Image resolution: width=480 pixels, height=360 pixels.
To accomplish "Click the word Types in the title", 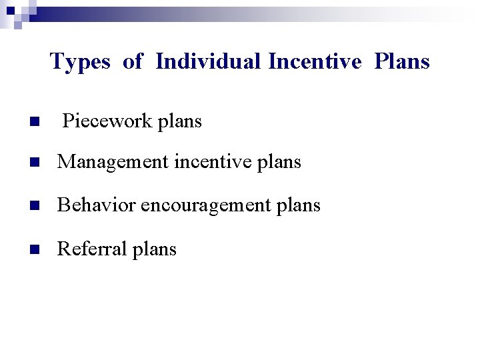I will [x=80, y=62].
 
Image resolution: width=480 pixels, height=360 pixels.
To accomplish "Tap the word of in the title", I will [x=133, y=61].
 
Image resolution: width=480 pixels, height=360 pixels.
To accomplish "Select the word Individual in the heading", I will [x=208, y=61].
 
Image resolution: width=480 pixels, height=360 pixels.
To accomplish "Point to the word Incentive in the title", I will [x=315, y=61].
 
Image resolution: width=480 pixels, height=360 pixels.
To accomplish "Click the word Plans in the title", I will [x=402, y=61].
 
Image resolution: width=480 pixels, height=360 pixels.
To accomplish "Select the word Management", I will [x=111, y=162].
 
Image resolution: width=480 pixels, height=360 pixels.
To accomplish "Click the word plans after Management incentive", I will [x=279, y=162].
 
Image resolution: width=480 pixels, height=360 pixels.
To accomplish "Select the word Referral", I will [x=86, y=249].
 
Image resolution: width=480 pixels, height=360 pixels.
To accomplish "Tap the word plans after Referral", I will [x=154, y=249].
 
